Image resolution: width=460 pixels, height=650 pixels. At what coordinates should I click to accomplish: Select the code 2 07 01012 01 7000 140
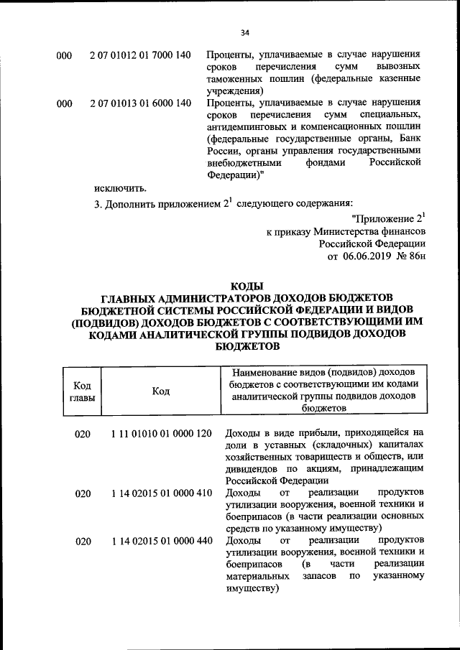tap(141, 55)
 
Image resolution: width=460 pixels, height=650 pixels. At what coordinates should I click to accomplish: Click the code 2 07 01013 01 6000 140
tap(141, 103)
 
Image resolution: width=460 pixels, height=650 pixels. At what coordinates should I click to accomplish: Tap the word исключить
tap(120, 188)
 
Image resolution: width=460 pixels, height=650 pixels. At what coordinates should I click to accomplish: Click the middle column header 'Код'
tap(161, 391)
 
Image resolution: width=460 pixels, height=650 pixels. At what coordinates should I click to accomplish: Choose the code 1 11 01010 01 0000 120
tap(162, 434)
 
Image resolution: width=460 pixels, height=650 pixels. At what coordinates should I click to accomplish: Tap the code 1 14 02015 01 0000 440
tap(162, 541)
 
